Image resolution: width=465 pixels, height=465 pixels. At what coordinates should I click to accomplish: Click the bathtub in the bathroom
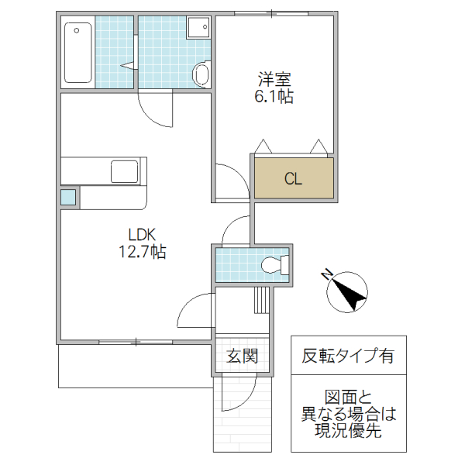click(77, 52)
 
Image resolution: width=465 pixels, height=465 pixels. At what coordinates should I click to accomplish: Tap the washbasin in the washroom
click(198, 28)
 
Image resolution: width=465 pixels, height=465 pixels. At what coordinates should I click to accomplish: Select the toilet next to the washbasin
click(201, 74)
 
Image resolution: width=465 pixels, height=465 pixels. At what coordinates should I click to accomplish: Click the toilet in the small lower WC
click(272, 265)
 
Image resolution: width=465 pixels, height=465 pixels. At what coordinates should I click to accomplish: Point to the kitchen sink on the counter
click(124, 170)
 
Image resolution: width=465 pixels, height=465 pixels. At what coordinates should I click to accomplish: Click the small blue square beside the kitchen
click(69, 197)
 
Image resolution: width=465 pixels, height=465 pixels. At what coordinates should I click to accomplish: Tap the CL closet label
click(293, 179)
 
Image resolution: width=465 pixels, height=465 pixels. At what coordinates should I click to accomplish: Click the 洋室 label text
click(274, 79)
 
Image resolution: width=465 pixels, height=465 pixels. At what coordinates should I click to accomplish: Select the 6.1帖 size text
click(274, 96)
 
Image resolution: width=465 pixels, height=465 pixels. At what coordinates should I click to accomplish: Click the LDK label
click(143, 233)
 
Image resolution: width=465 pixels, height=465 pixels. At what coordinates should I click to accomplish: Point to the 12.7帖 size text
click(143, 251)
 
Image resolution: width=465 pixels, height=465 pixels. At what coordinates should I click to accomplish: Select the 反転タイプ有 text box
click(348, 356)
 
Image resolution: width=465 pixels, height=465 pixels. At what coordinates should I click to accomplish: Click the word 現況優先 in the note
click(348, 432)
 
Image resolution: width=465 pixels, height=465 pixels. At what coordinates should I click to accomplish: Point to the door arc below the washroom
click(160, 112)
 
